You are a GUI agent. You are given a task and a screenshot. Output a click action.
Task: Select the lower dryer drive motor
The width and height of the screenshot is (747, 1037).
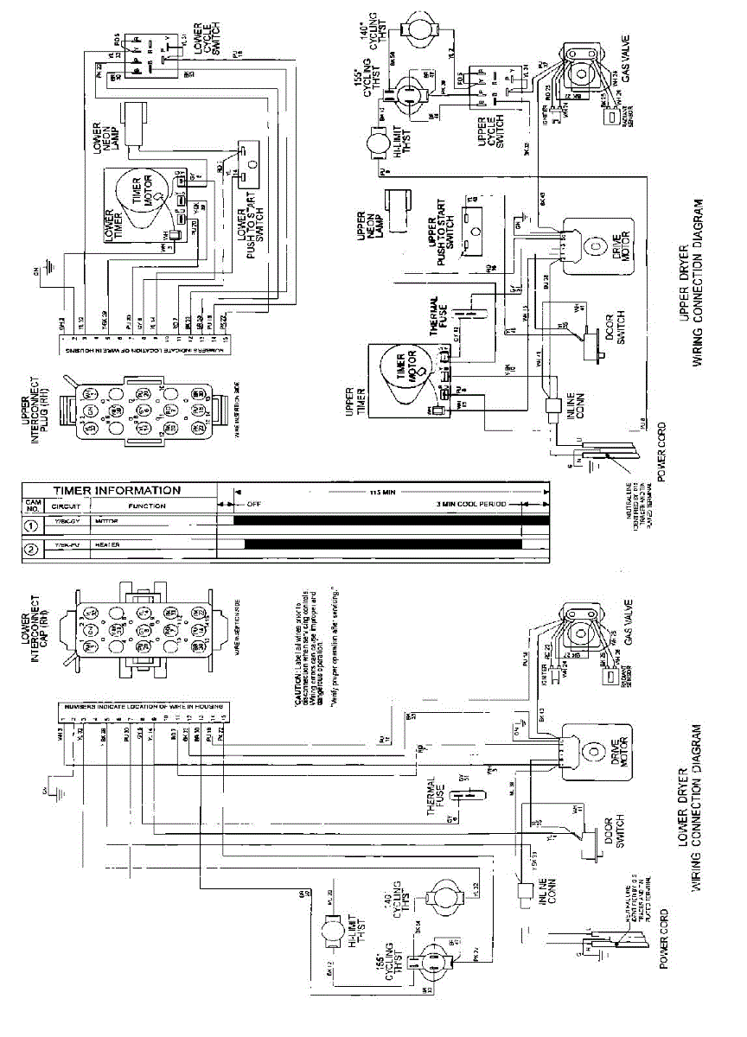point(594,750)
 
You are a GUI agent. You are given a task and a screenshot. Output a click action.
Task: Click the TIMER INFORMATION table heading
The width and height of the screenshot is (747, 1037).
point(118,490)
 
